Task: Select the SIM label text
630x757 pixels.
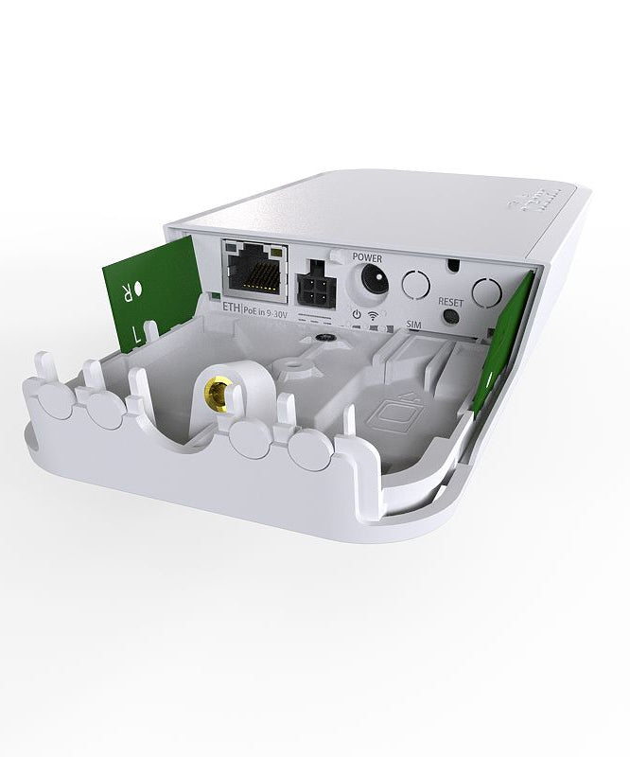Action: [412, 324]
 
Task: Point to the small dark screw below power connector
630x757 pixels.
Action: [324, 336]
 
